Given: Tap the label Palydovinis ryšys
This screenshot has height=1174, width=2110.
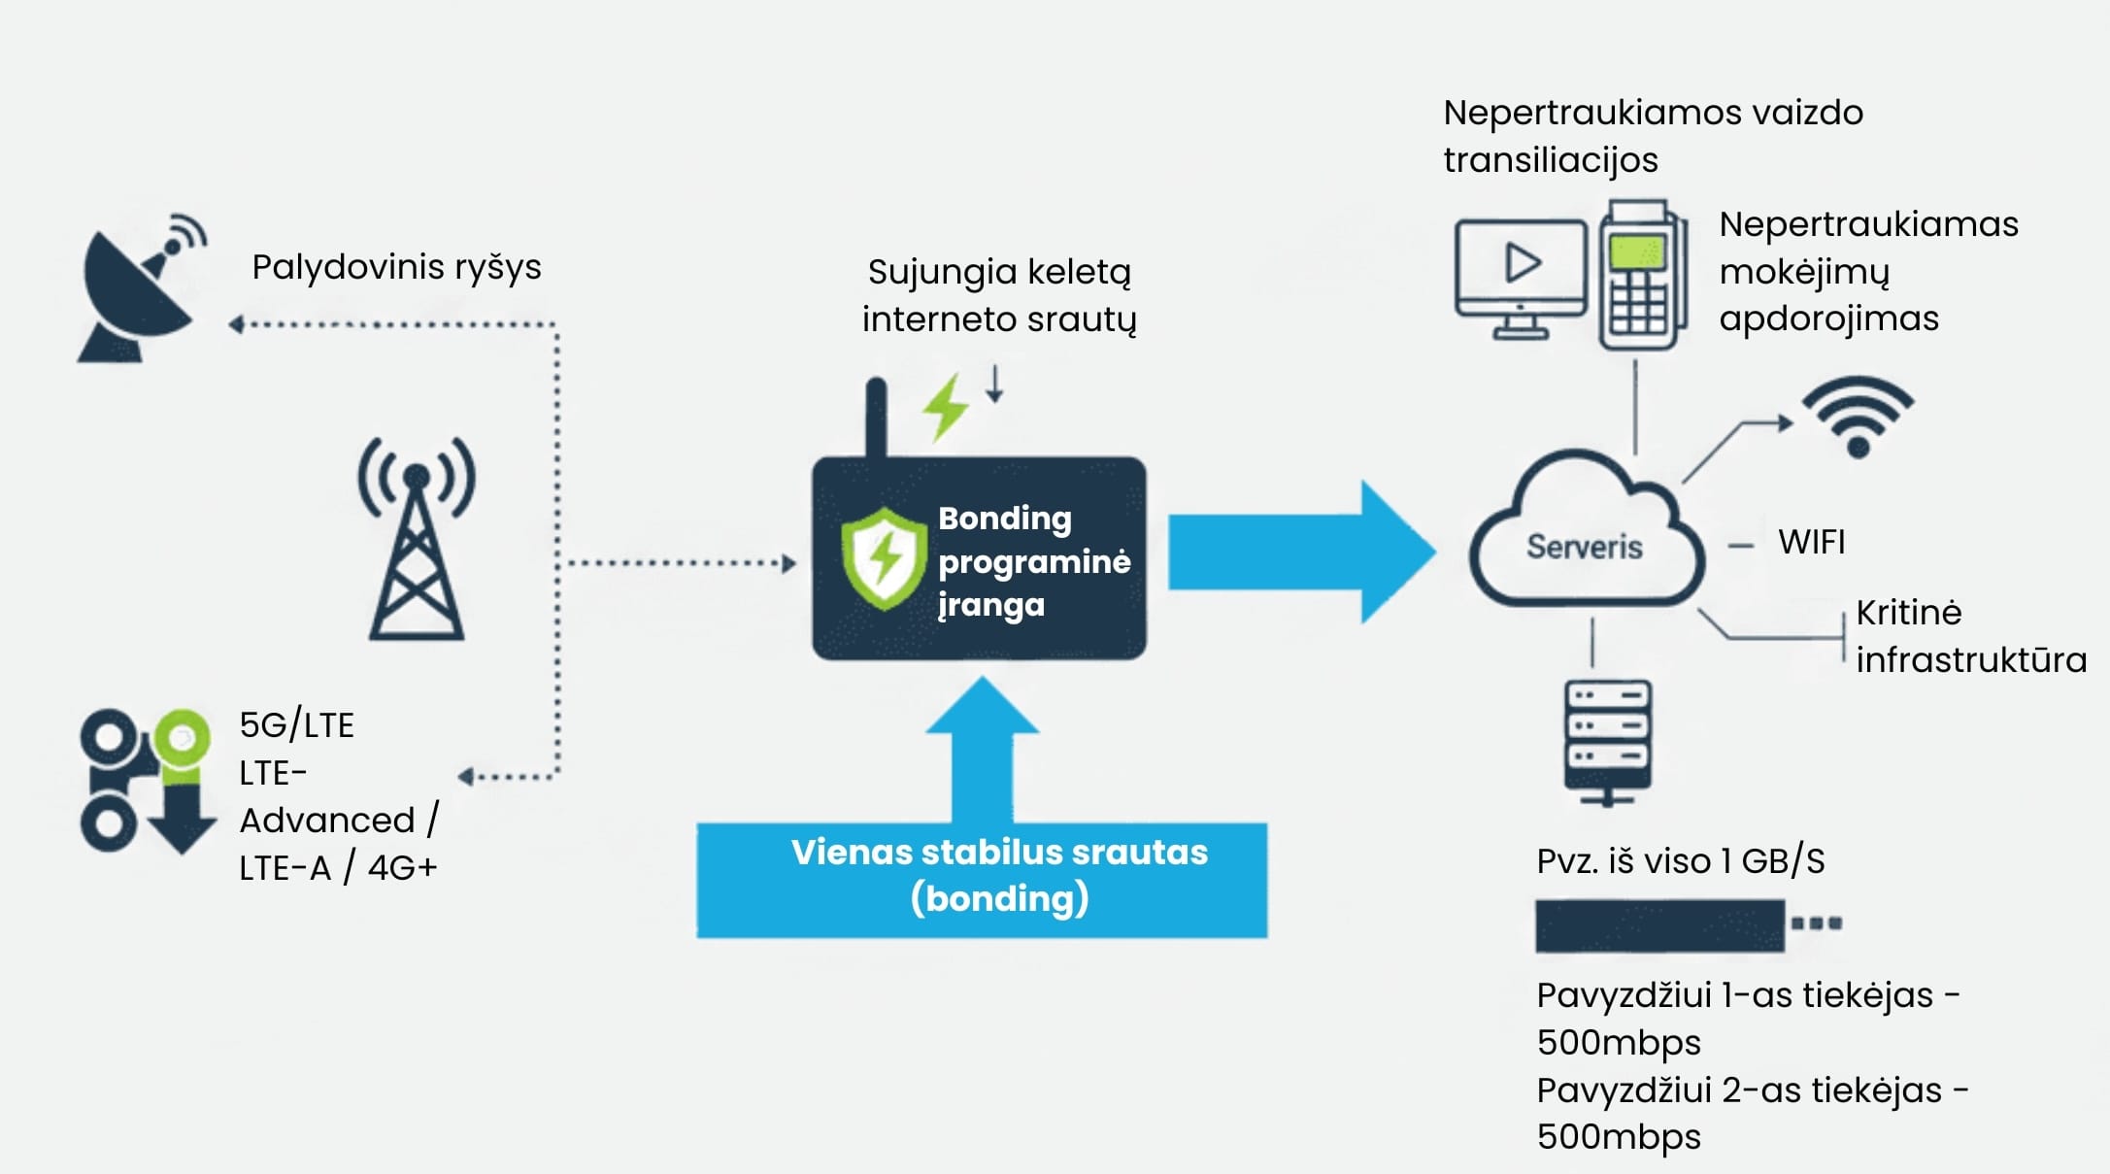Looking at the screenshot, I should tap(396, 267).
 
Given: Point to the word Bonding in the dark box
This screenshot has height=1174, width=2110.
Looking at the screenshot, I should tap(1004, 519).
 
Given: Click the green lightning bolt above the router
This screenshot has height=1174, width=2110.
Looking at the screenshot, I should tap(945, 407).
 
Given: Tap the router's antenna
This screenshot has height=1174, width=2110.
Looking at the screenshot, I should tap(876, 418).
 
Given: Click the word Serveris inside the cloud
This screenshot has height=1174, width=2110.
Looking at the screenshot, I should tap(1584, 547).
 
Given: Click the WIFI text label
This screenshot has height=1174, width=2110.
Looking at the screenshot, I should tap(1811, 542).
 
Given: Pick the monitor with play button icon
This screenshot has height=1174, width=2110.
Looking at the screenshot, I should tap(1520, 278).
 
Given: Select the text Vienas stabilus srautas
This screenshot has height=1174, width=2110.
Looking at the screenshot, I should tap(999, 853).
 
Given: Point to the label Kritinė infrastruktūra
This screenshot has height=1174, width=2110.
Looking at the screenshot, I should tap(1969, 637).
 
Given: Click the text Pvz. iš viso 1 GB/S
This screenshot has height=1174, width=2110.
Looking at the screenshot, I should tap(1680, 861).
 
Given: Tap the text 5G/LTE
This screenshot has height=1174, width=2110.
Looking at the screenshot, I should tap(296, 725).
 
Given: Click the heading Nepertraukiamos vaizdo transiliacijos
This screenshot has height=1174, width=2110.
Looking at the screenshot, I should tap(1653, 136).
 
